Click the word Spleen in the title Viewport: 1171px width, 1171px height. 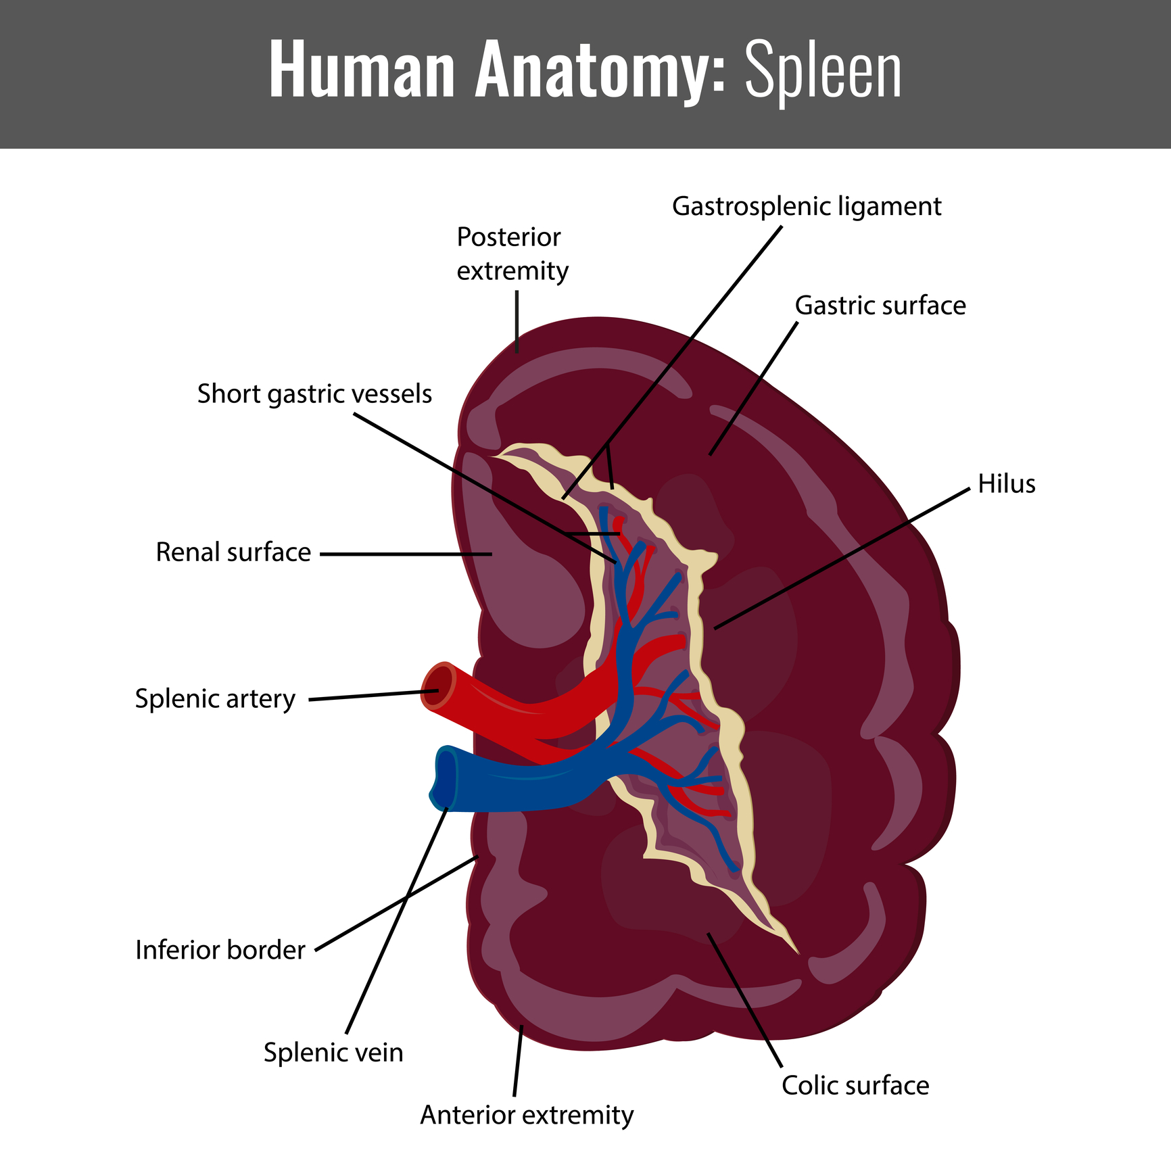[823, 70]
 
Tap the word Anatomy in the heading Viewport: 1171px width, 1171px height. [600, 70]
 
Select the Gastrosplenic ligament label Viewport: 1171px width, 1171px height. [807, 206]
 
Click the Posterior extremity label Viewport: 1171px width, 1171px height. [512, 254]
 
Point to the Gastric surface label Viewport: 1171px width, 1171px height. [880, 306]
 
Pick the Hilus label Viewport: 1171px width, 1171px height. [1007, 483]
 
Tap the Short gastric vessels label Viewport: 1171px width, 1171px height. [314, 393]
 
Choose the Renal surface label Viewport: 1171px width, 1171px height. [233, 552]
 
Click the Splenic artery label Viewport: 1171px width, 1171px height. [215, 698]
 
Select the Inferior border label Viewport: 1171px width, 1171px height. [220, 950]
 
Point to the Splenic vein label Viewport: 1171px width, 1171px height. [333, 1053]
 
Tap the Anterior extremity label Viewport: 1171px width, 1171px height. [527, 1115]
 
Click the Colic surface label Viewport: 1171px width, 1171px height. [855, 1085]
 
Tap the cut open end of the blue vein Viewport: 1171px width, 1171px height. [444, 779]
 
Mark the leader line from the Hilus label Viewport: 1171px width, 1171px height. [842, 558]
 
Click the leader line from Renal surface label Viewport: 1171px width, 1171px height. [406, 554]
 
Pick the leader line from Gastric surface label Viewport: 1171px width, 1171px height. [753, 388]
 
